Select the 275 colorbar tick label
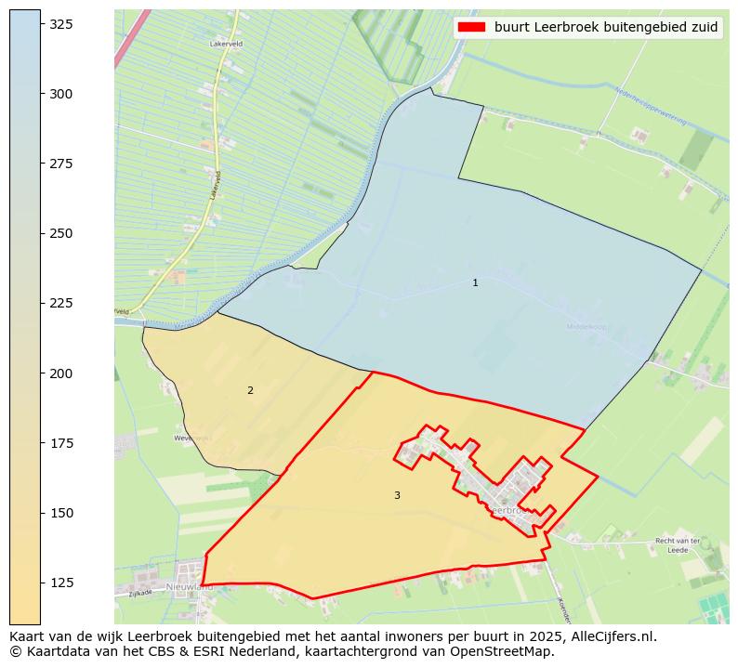(61, 164)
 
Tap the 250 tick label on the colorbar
(61, 233)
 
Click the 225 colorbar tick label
(61, 303)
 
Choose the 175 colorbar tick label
(61, 443)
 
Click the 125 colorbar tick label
(61, 583)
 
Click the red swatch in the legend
(472, 27)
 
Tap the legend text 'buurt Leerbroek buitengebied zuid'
(606, 27)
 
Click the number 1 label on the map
(475, 282)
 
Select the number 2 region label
(250, 390)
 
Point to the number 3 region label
(397, 495)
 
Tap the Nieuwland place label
(190, 587)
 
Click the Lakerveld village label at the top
(227, 44)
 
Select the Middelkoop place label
(586, 326)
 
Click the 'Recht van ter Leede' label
(678, 545)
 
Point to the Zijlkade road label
(140, 593)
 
